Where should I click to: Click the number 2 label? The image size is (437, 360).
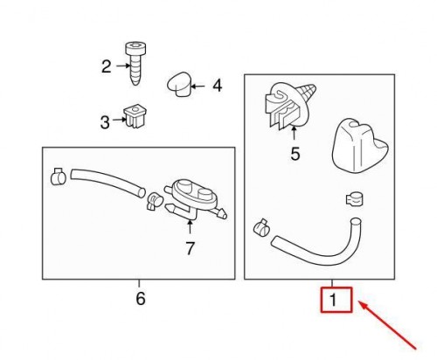point(107,66)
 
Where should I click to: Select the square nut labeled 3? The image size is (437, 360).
point(135,115)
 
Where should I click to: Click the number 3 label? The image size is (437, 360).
point(105,122)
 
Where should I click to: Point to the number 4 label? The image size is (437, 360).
point(217,86)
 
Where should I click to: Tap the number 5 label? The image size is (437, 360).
point(295,155)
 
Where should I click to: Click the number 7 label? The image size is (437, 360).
point(189,248)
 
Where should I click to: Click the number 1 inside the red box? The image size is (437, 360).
point(334,302)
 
